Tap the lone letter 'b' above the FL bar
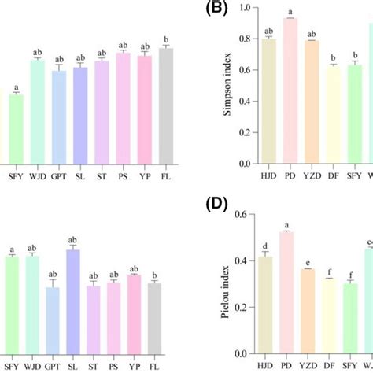[165, 37]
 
